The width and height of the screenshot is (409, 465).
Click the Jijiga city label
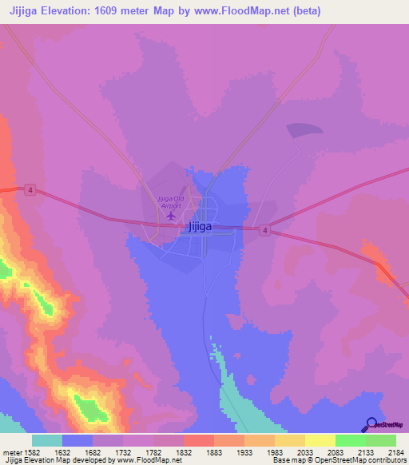coord(200,227)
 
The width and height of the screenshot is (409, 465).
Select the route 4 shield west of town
coord(30,189)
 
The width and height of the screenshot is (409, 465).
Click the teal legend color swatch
coord(47,440)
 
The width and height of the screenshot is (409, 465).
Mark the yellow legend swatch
coord(320,440)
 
